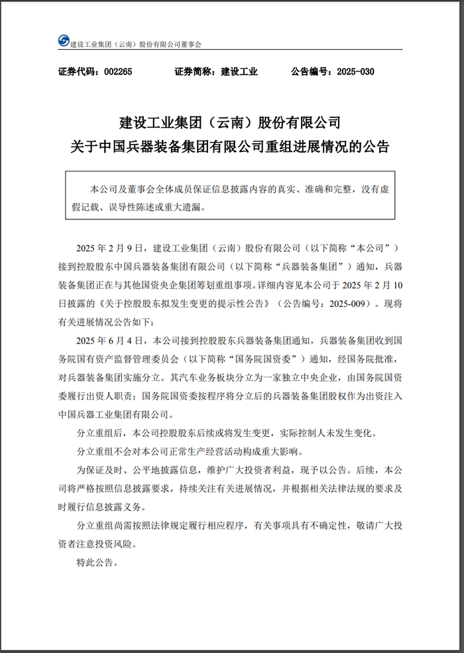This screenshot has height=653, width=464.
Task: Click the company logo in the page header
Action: point(63,40)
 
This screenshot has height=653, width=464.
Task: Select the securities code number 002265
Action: point(119,72)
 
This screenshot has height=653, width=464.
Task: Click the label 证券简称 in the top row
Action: point(194,72)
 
